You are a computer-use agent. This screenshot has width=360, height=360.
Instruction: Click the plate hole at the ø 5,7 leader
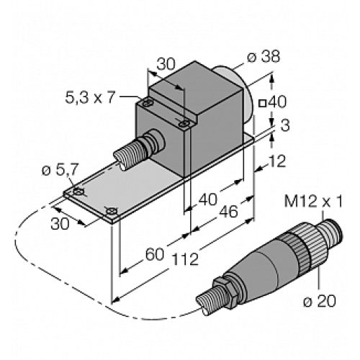[x=77, y=192]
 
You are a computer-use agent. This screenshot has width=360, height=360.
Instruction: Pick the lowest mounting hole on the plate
[x=112, y=211]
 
